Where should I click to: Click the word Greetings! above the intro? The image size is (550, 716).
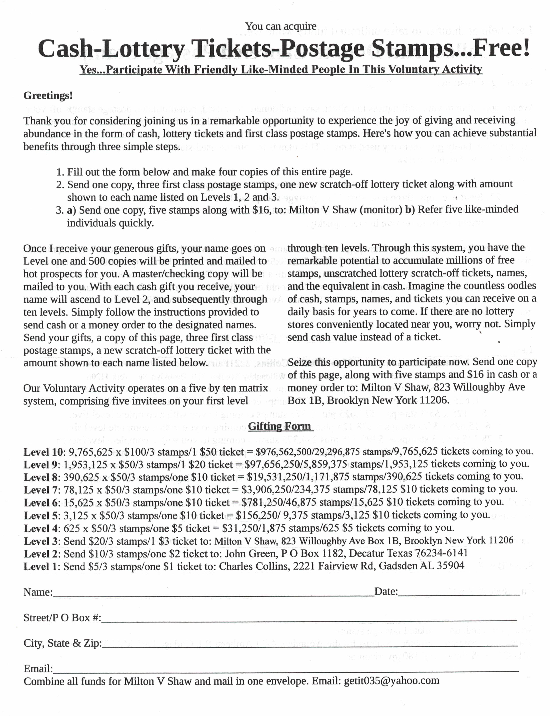click(x=48, y=96)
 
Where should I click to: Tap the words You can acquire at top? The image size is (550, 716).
click(x=281, y=26)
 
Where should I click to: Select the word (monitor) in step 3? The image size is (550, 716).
click(x=381, y=210)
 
